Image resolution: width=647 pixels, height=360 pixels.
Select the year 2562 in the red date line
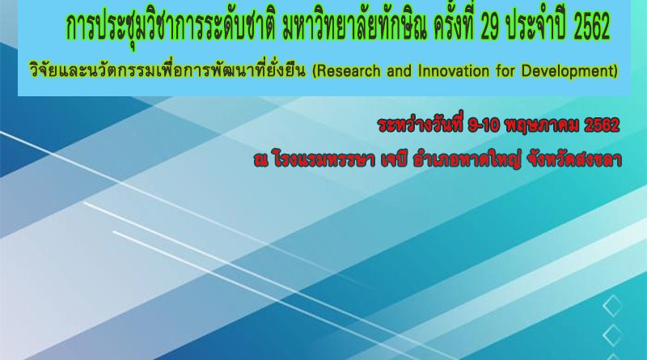(x=602, y=125)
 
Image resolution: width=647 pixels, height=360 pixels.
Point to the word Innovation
(x=450, y=71)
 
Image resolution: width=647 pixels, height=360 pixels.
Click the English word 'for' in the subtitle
(x=502, y=71)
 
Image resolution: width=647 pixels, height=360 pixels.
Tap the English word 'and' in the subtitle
(x=400, y=71)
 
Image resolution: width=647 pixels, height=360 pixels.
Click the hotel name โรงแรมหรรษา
(x=323, y=160)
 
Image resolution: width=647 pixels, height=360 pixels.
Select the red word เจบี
(x=394, y=160)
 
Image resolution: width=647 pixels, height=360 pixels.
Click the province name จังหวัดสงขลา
(x=572, y=160)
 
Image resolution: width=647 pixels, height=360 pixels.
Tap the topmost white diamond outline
(x=612, y=305)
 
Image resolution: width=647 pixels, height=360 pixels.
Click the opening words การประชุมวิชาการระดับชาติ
(x=171, y=28)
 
